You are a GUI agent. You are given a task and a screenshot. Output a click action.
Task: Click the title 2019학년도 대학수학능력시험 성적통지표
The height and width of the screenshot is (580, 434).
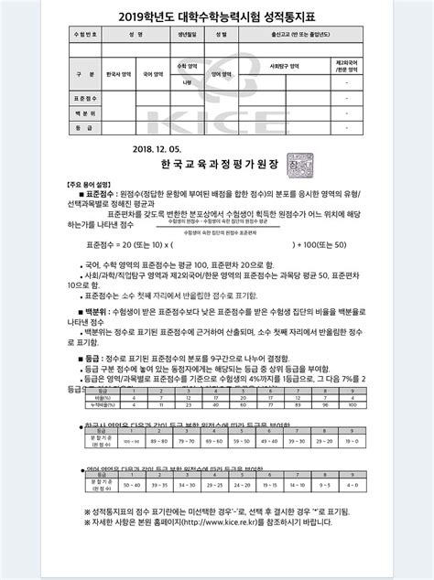[x=217, y=15]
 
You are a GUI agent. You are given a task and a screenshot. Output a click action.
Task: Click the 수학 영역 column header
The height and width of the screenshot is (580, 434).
[x=186, y=67]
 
